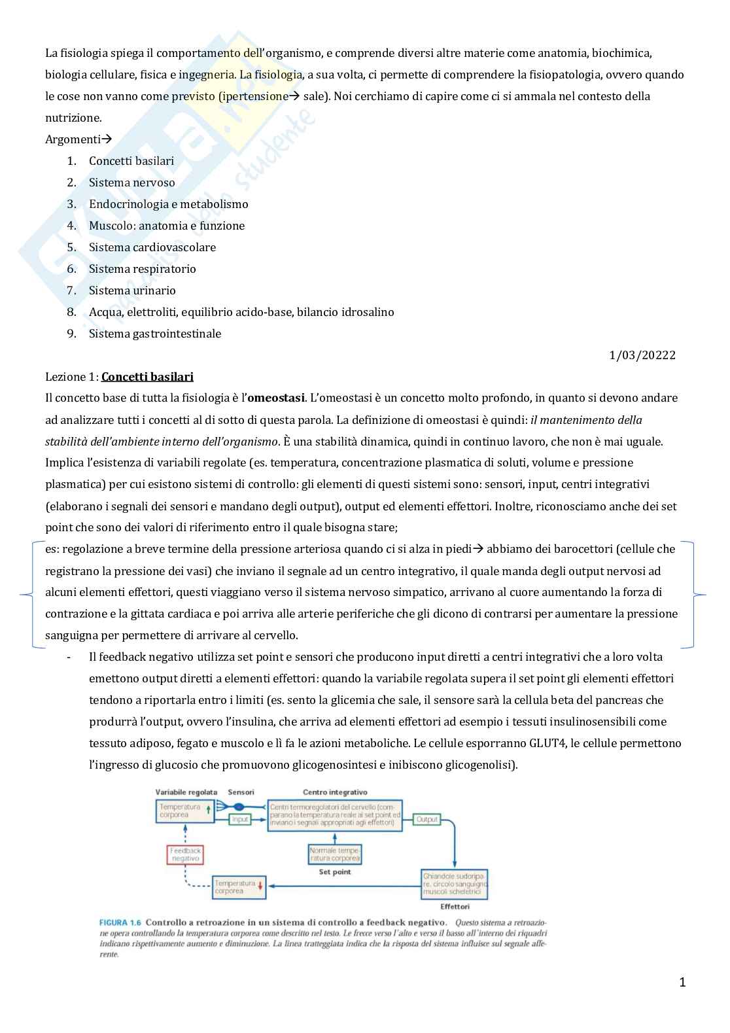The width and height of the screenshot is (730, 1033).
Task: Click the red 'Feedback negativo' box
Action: pyautogui.click(x=185, y=854)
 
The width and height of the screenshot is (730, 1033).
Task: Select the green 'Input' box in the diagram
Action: pyautogui.click(x=240, y=819)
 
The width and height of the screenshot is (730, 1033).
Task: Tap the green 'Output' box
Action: pyautogui.click(x=426, y=819)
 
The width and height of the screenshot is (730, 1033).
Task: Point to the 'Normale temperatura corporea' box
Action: pyautogui.click(x=335, y=854)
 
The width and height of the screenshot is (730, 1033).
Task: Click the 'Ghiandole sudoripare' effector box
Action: pyautogui.click(x=455, y=884)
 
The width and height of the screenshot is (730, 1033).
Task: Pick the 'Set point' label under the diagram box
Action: pyautogui.click(x=335, y=872)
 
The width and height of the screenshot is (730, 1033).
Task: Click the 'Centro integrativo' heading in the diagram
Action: pyautogui.click(x=335, y=792)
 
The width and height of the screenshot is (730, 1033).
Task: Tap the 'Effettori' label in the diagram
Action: pyautogui.click(x=455, y=907)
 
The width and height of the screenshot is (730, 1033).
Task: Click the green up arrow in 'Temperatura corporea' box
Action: pyautogui.click(x=208, y=809)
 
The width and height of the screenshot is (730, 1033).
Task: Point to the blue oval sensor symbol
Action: pyautogui.click(x=239, y=807)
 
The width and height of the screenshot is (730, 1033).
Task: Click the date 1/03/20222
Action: pyautogui.click(x=642, y=355)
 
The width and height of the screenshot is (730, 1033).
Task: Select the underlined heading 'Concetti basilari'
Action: pyautogui.click(x=147, y=377)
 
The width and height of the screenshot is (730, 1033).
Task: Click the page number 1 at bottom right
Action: pyautogui.click(x=682, y=982)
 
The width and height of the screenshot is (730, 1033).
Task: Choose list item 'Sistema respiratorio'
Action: pyautogui.click(x=143, y=269)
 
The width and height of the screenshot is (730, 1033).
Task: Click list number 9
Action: pyautogui.click(x=71, y=334)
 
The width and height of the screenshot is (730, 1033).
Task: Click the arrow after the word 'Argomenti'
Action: pyautogui.click(x=107, y=139)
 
